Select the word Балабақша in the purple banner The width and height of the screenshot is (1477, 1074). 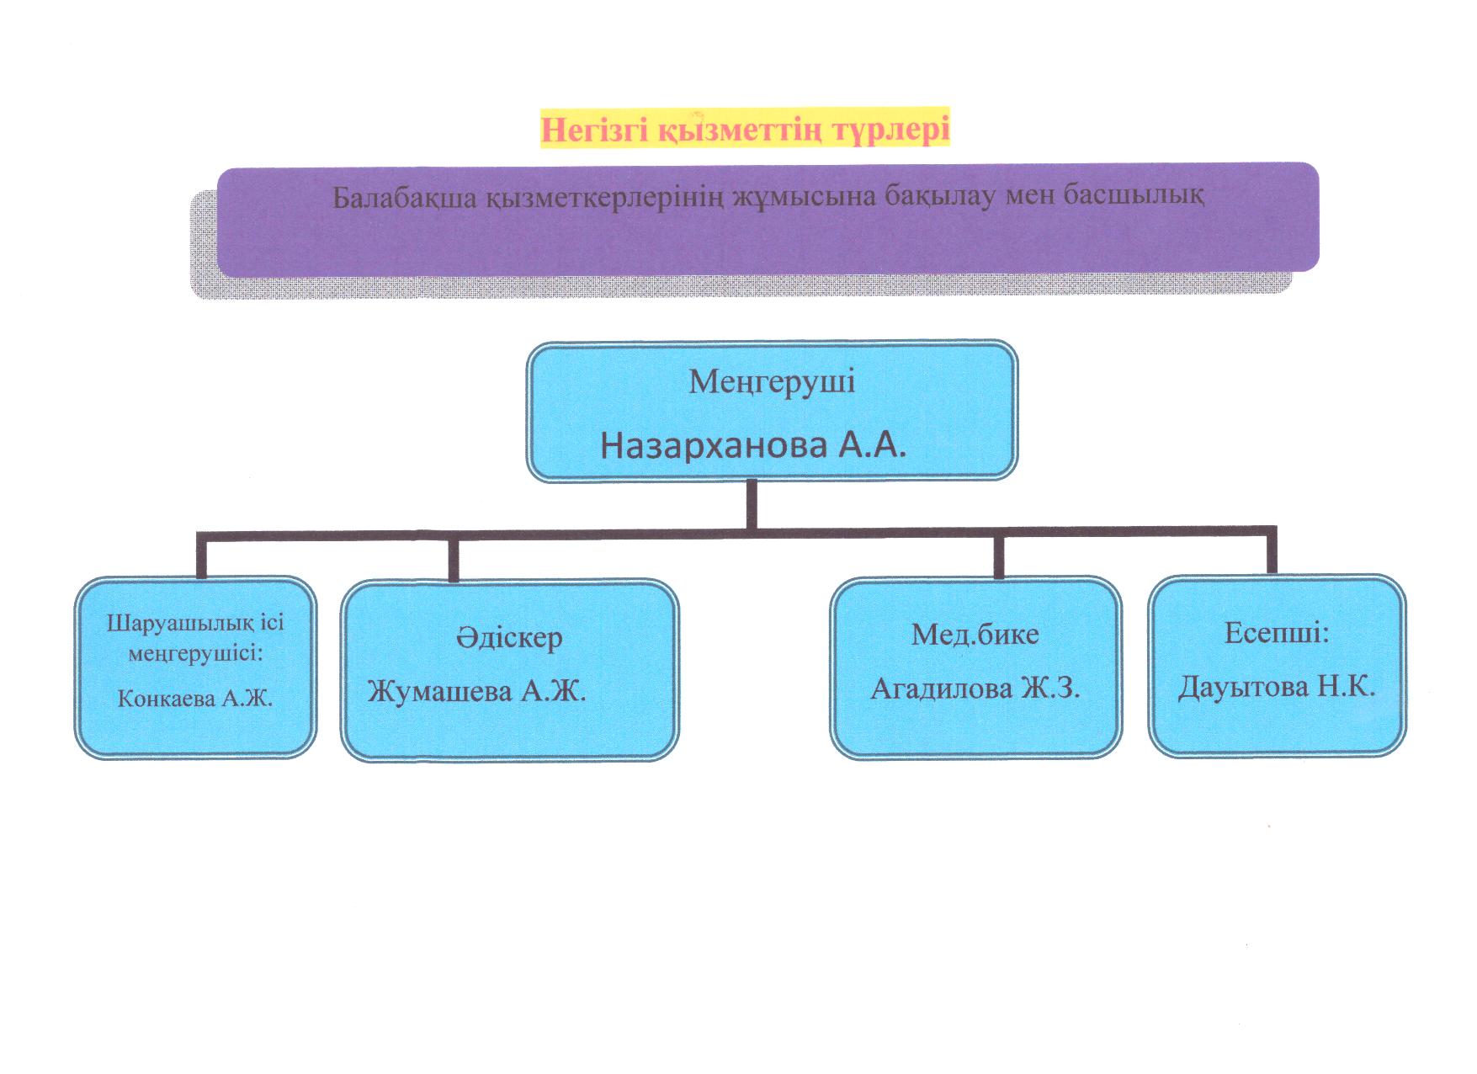pos(404,198)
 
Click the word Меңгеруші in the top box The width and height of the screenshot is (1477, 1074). pos(772,382)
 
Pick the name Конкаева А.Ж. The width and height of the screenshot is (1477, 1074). pos(195,698)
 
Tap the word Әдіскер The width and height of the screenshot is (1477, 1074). pos(509,638)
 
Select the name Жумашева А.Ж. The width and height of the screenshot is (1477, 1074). pos(476,692)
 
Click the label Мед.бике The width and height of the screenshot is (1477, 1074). pos(975,634)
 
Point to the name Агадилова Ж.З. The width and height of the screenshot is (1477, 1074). pos(975,689)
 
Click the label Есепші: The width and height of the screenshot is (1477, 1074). pos(1276,632)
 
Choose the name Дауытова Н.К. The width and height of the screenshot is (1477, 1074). pos(1276,687)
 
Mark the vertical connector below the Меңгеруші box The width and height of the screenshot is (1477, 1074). pos(752,505)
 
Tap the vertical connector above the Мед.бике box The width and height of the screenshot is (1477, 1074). pos(999,556)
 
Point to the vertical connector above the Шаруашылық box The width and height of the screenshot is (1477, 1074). pos(202,556)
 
